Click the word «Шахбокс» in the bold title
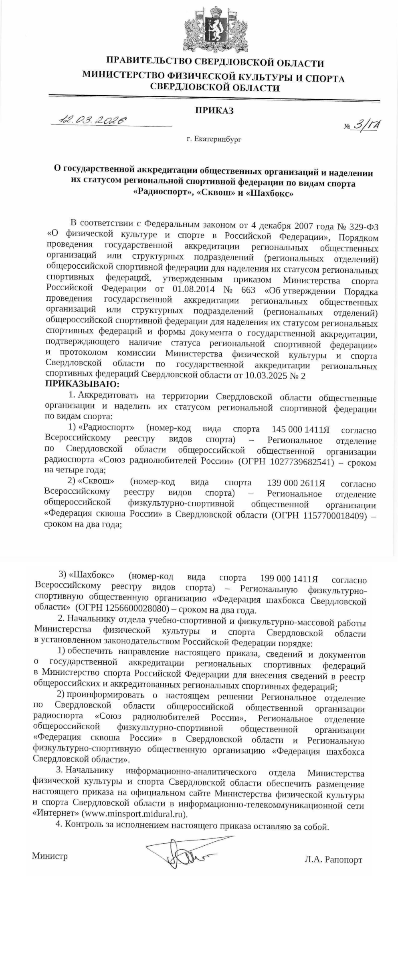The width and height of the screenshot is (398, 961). [271, 194]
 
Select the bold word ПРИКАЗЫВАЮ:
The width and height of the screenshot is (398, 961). [82, 385]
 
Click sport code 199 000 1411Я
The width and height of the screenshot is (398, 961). [289, 579]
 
